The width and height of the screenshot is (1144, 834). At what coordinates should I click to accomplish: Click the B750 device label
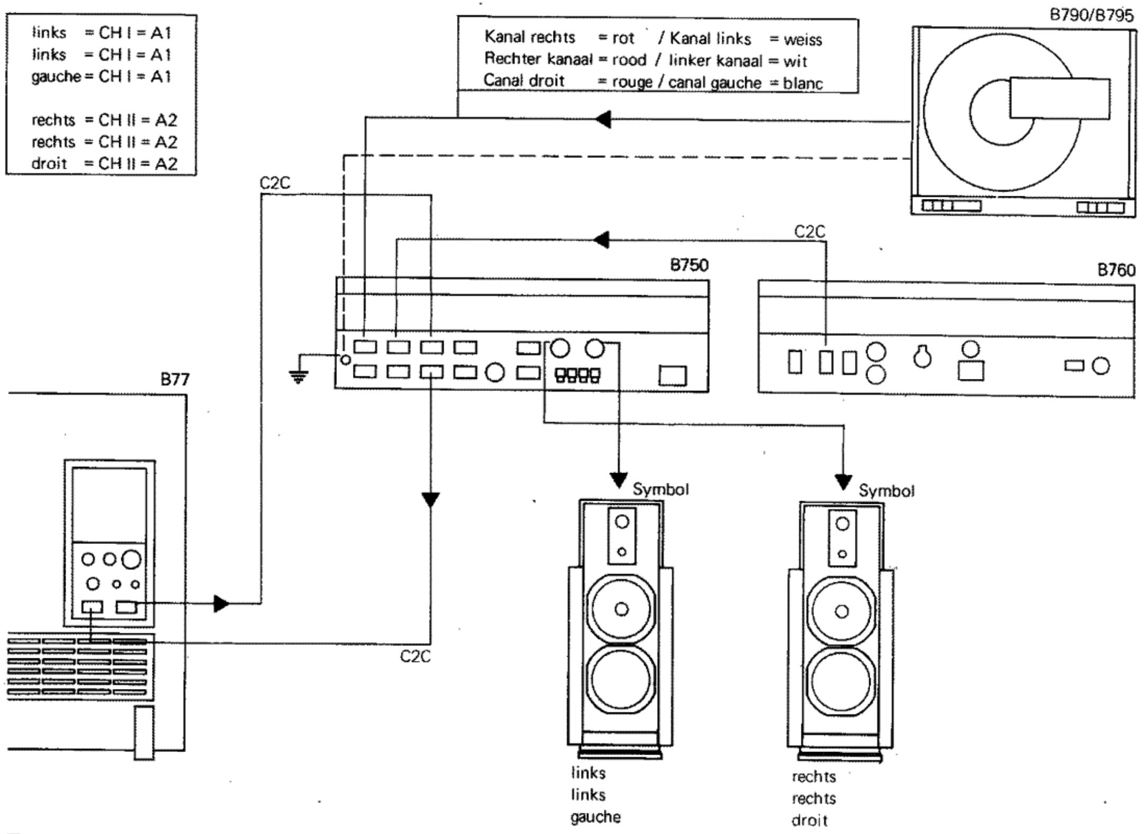coord(689,265)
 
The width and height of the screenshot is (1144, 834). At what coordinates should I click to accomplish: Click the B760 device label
coord(1116,270)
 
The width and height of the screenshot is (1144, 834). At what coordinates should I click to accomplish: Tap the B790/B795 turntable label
coord(1091,15)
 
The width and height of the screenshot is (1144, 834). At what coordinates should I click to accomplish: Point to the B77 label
coord(175,379)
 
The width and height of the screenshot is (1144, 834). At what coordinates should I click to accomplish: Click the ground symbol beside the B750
coord(299,377)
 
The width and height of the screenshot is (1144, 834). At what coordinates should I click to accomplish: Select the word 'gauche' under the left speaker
coord(595,817)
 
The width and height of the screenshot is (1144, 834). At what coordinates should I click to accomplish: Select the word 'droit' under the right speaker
coord(809,821)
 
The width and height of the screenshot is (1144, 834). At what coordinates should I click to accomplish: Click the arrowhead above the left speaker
coord(619,481)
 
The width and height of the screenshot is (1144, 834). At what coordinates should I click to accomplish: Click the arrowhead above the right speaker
coord(843,482)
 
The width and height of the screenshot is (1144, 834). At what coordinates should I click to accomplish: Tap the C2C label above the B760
coord(809,231)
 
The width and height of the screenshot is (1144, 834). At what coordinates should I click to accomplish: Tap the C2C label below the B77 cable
coord(415,656)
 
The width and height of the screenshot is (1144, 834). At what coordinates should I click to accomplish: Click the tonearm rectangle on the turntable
coord(1059,98)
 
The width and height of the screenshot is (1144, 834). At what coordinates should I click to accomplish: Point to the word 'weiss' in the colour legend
coord(802,40)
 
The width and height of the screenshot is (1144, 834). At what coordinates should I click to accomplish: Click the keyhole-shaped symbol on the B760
coord(923,357)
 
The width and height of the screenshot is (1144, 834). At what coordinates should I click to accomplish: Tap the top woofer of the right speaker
coord(842,611)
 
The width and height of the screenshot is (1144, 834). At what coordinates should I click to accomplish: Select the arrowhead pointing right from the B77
coord(221,603)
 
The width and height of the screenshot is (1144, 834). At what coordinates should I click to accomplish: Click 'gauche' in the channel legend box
coord(55,77)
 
